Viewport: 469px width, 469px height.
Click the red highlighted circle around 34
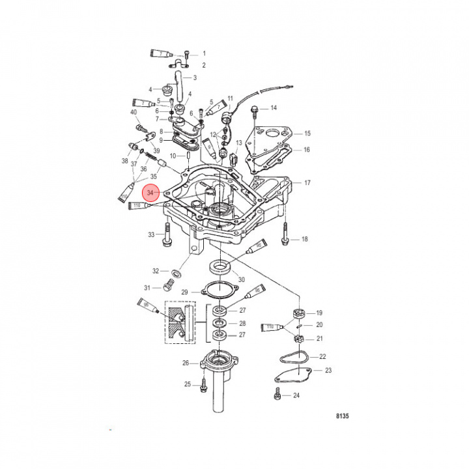point(151,193)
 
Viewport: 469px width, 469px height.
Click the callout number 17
point(307,183)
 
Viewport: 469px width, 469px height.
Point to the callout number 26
point(186,363)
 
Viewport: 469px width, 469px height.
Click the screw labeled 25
point(204,384)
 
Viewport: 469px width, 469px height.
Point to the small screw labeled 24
point(278,395)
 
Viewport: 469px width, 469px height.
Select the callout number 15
point(307,134)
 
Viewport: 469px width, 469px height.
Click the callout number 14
point(274,107)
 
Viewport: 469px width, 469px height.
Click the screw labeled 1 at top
point(187,53)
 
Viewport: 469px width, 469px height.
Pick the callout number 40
point(134,112)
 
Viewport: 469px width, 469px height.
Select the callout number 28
point(242,323)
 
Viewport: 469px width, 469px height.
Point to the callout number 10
point(173,156)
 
